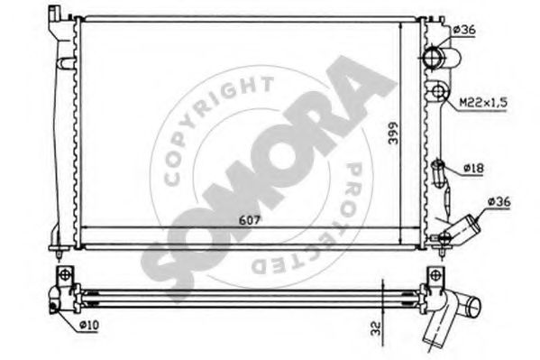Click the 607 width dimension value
[250, 220]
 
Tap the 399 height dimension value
[393, 133]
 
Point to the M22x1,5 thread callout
[484, 103]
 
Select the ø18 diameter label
[473, 168]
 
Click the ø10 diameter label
[89, 325]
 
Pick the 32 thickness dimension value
[377, 328]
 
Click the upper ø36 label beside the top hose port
[464, 30]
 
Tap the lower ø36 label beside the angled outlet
[499, 202]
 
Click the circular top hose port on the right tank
[433, 57]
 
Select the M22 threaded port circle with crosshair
[438, 91]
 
